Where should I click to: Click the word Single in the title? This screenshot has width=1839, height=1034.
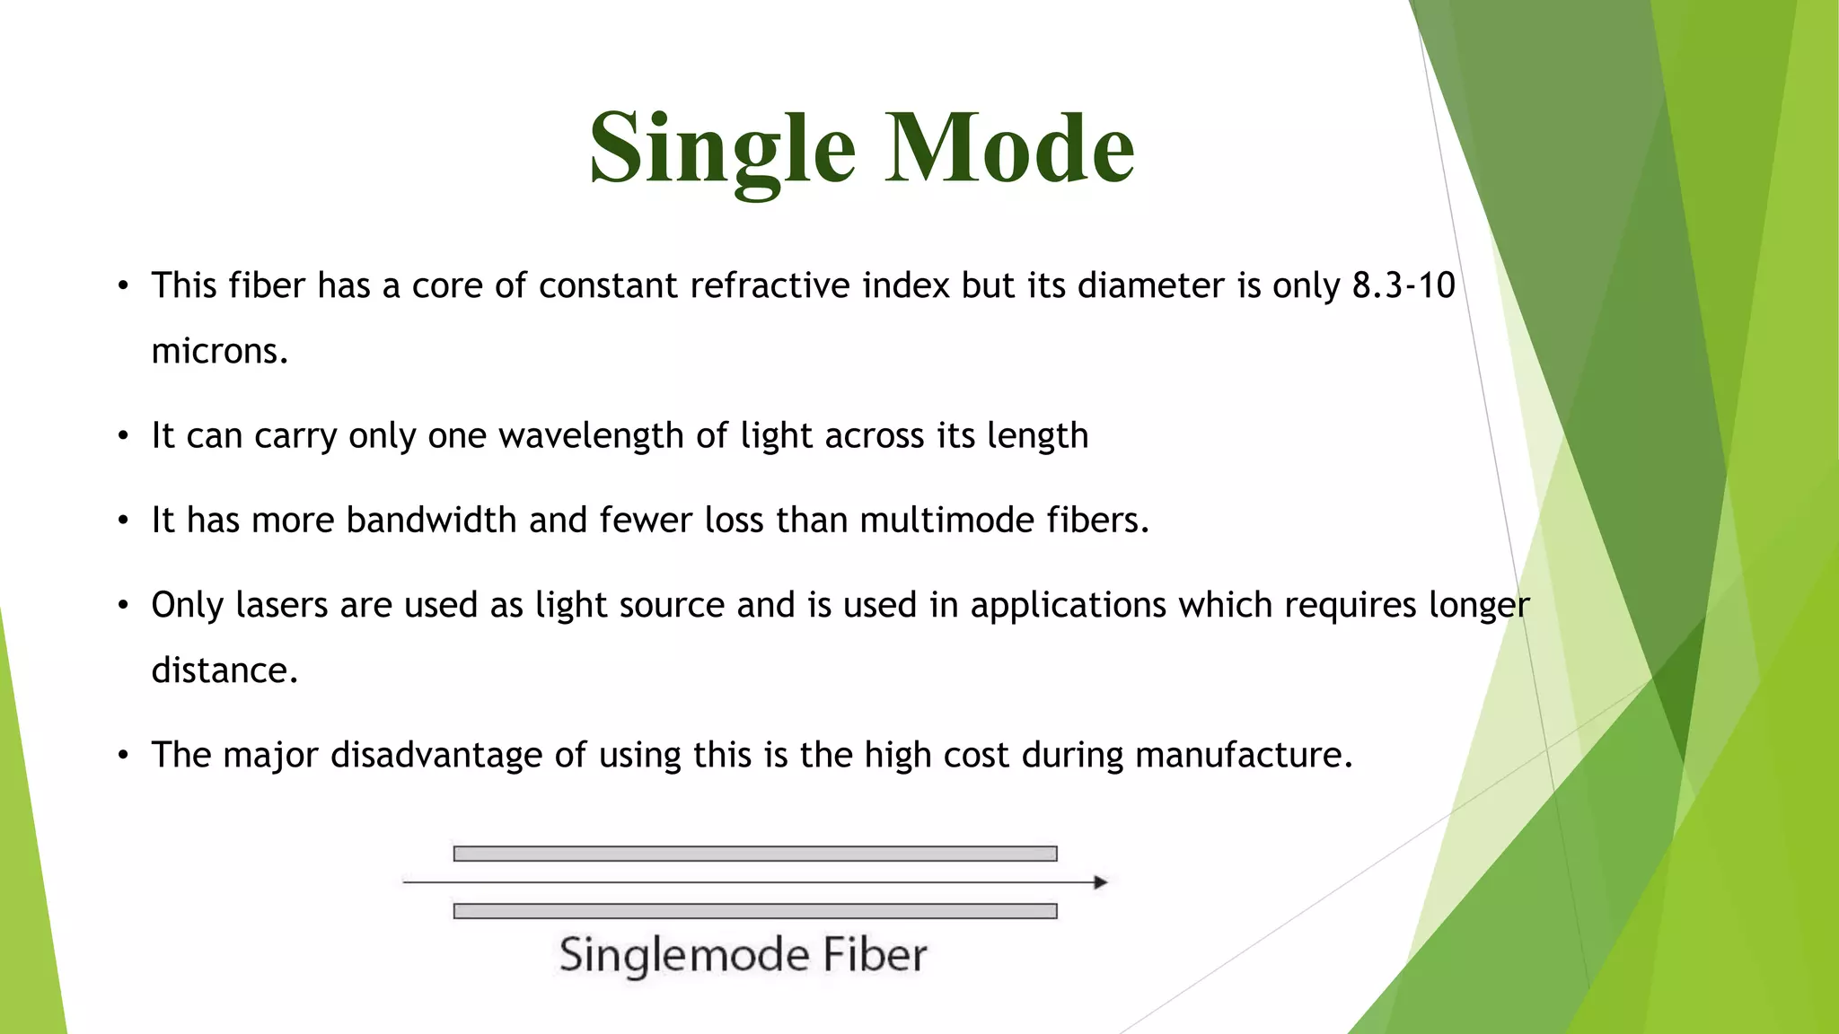click(723, 148)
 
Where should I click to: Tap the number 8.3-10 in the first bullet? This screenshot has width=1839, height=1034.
click(1403, 285)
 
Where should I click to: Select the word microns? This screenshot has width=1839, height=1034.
click(219, 351)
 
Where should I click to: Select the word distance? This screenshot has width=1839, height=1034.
click(224, 670)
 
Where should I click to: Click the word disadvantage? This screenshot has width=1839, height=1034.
click(436, 755)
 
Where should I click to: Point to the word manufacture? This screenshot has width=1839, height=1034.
click(1243, 755)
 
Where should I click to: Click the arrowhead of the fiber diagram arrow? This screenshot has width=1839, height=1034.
click(1100, 882)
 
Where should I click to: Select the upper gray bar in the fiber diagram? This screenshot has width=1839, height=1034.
click(754, 854)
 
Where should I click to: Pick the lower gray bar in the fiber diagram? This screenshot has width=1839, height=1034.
click(754, 911)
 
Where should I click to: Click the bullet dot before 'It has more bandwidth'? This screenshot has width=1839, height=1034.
click(124, 521)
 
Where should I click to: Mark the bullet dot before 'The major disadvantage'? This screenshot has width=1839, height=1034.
click(124, 756)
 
